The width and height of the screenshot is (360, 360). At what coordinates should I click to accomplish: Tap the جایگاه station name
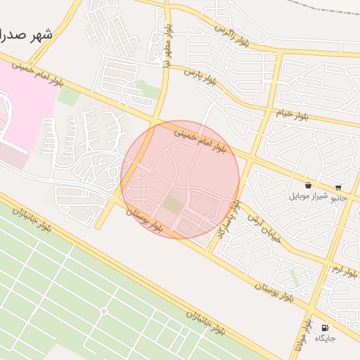point(325,339)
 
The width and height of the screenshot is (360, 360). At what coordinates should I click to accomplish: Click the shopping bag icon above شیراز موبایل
point(309,185)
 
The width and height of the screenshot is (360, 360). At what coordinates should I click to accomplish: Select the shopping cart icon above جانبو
point(338,188)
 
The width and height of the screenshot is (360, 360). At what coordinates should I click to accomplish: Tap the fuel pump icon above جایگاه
point(324,328)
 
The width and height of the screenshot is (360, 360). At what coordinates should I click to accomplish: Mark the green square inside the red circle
point(172,206)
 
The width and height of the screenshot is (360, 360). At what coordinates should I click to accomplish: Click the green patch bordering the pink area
point(69,97)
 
